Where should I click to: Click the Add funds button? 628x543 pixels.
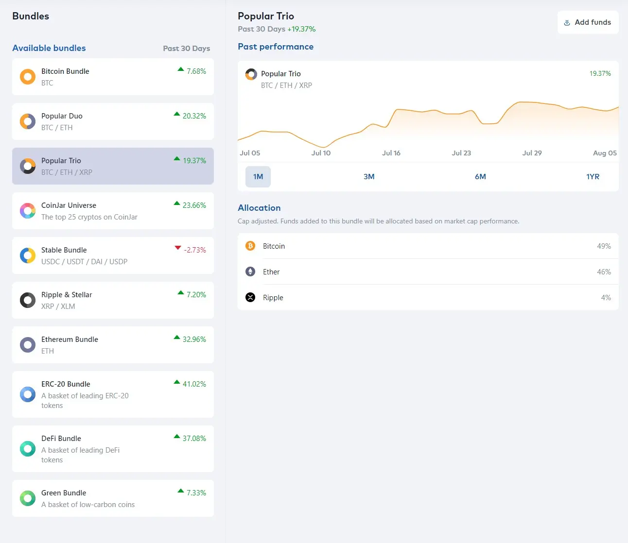pyautogui.click(x=588, y=22)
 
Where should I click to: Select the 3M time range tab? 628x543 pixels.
pyautogui.click(x=369, y=177)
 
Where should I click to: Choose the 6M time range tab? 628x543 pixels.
pyautogui.click(x=480, y=177)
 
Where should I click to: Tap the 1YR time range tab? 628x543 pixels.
pyautogui.click(x=593, y=177)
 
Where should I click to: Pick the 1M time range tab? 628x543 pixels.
pyautogui.click(x=258, y=177)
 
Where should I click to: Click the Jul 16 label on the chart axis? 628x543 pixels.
pyautogui.click(x=391, y=153)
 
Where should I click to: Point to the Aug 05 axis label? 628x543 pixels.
pyautogui.click(x=604, y=153)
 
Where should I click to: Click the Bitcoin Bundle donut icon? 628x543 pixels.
pyautogui.click(x=28, y=77)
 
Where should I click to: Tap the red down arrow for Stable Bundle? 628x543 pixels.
pyautogui.click(x=178, y=248)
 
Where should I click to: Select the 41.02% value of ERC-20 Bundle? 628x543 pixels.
pyautogui.click(x=194, y=384)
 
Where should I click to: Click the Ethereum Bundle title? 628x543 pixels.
pyautogui.click(x=70, y=339)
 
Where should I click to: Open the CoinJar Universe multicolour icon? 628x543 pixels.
pyautogui.click(x=28, y=211)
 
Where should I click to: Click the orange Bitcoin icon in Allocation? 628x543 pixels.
pyautogui.click(x=250, y=246)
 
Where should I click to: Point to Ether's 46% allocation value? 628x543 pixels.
pyautogui.click(x=604, y=272)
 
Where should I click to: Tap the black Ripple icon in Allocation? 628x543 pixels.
pyautogui.click(x=250, y=298)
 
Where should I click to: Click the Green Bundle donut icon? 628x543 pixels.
pyautogui.click(x=28, y=498)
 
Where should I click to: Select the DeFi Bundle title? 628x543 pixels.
pyautogui.click(x=61, y=439)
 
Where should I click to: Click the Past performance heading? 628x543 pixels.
pyautogui.click(x=276, y=47)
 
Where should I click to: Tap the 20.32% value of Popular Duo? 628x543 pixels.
pyautogui.click(x=194, y=116)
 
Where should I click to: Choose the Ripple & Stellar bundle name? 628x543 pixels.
pyautogui.click(x=67, y=295)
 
